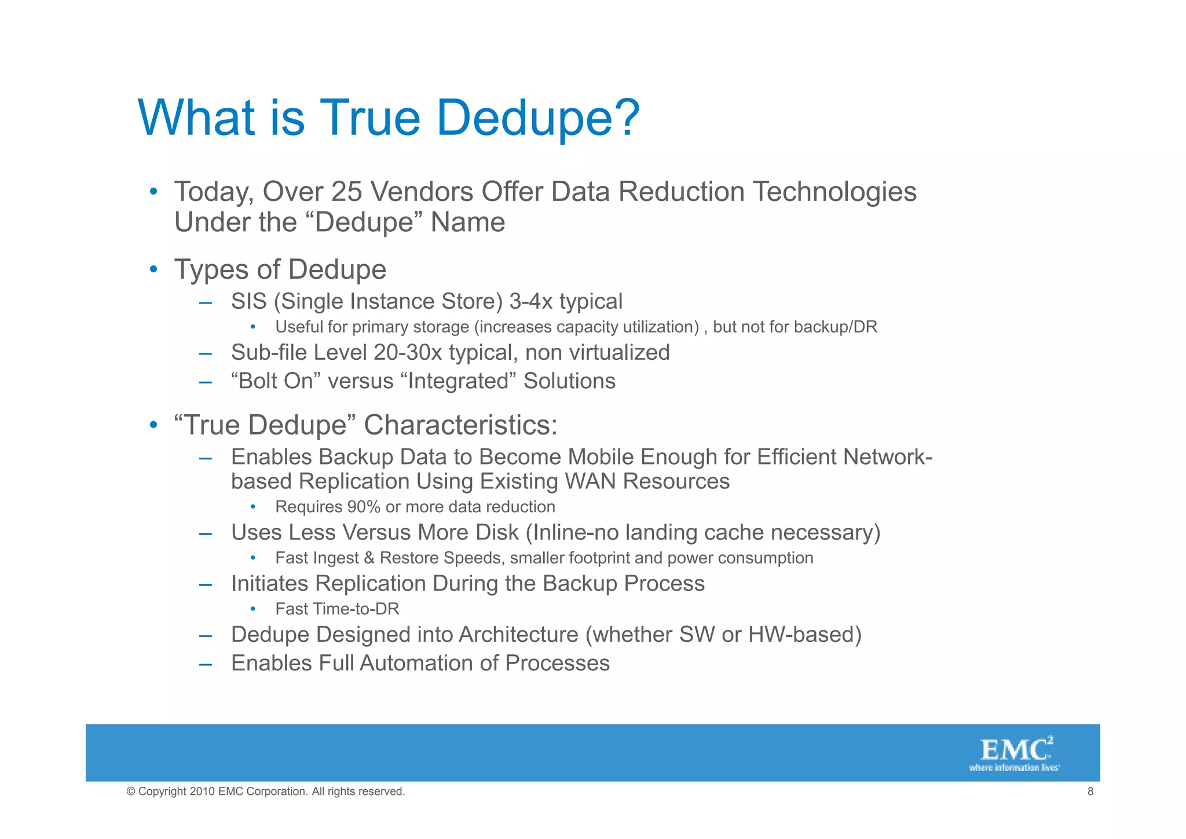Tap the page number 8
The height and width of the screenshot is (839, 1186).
tap(1090, 791)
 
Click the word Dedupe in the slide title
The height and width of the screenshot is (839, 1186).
tap(537, 118)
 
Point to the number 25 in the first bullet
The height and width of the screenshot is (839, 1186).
tap(346, 192)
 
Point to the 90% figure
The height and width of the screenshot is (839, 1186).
tap(364, 507)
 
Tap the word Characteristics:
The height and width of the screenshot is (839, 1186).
tap(460, 425)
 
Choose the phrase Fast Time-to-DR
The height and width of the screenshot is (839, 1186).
tap(337, 609)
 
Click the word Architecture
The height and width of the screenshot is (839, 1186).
tap(518, 634)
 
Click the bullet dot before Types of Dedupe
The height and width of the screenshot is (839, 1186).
tap(153, 269)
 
